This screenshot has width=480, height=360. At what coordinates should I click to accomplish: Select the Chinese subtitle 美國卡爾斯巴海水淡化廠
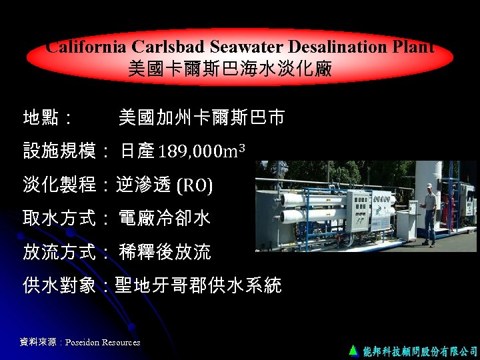[x=230, y=69]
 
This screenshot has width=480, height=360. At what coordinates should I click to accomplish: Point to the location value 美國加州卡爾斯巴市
[x=201, y=119]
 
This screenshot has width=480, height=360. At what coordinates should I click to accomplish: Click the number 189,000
[x=188, y=151]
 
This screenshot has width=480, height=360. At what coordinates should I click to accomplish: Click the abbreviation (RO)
[x=194, y=185]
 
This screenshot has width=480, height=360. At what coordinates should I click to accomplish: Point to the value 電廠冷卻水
[x=165, y=218]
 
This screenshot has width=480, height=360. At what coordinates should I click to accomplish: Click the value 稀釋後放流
[x=165, y=252]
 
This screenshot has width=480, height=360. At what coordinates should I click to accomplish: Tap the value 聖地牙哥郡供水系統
[x=198, y=286]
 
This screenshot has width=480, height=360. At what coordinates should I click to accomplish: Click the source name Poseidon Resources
[x=103, y=343]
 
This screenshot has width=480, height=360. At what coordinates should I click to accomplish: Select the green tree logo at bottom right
[x=353, y=349]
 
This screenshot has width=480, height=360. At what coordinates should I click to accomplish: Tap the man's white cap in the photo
[x=429, y=187]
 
